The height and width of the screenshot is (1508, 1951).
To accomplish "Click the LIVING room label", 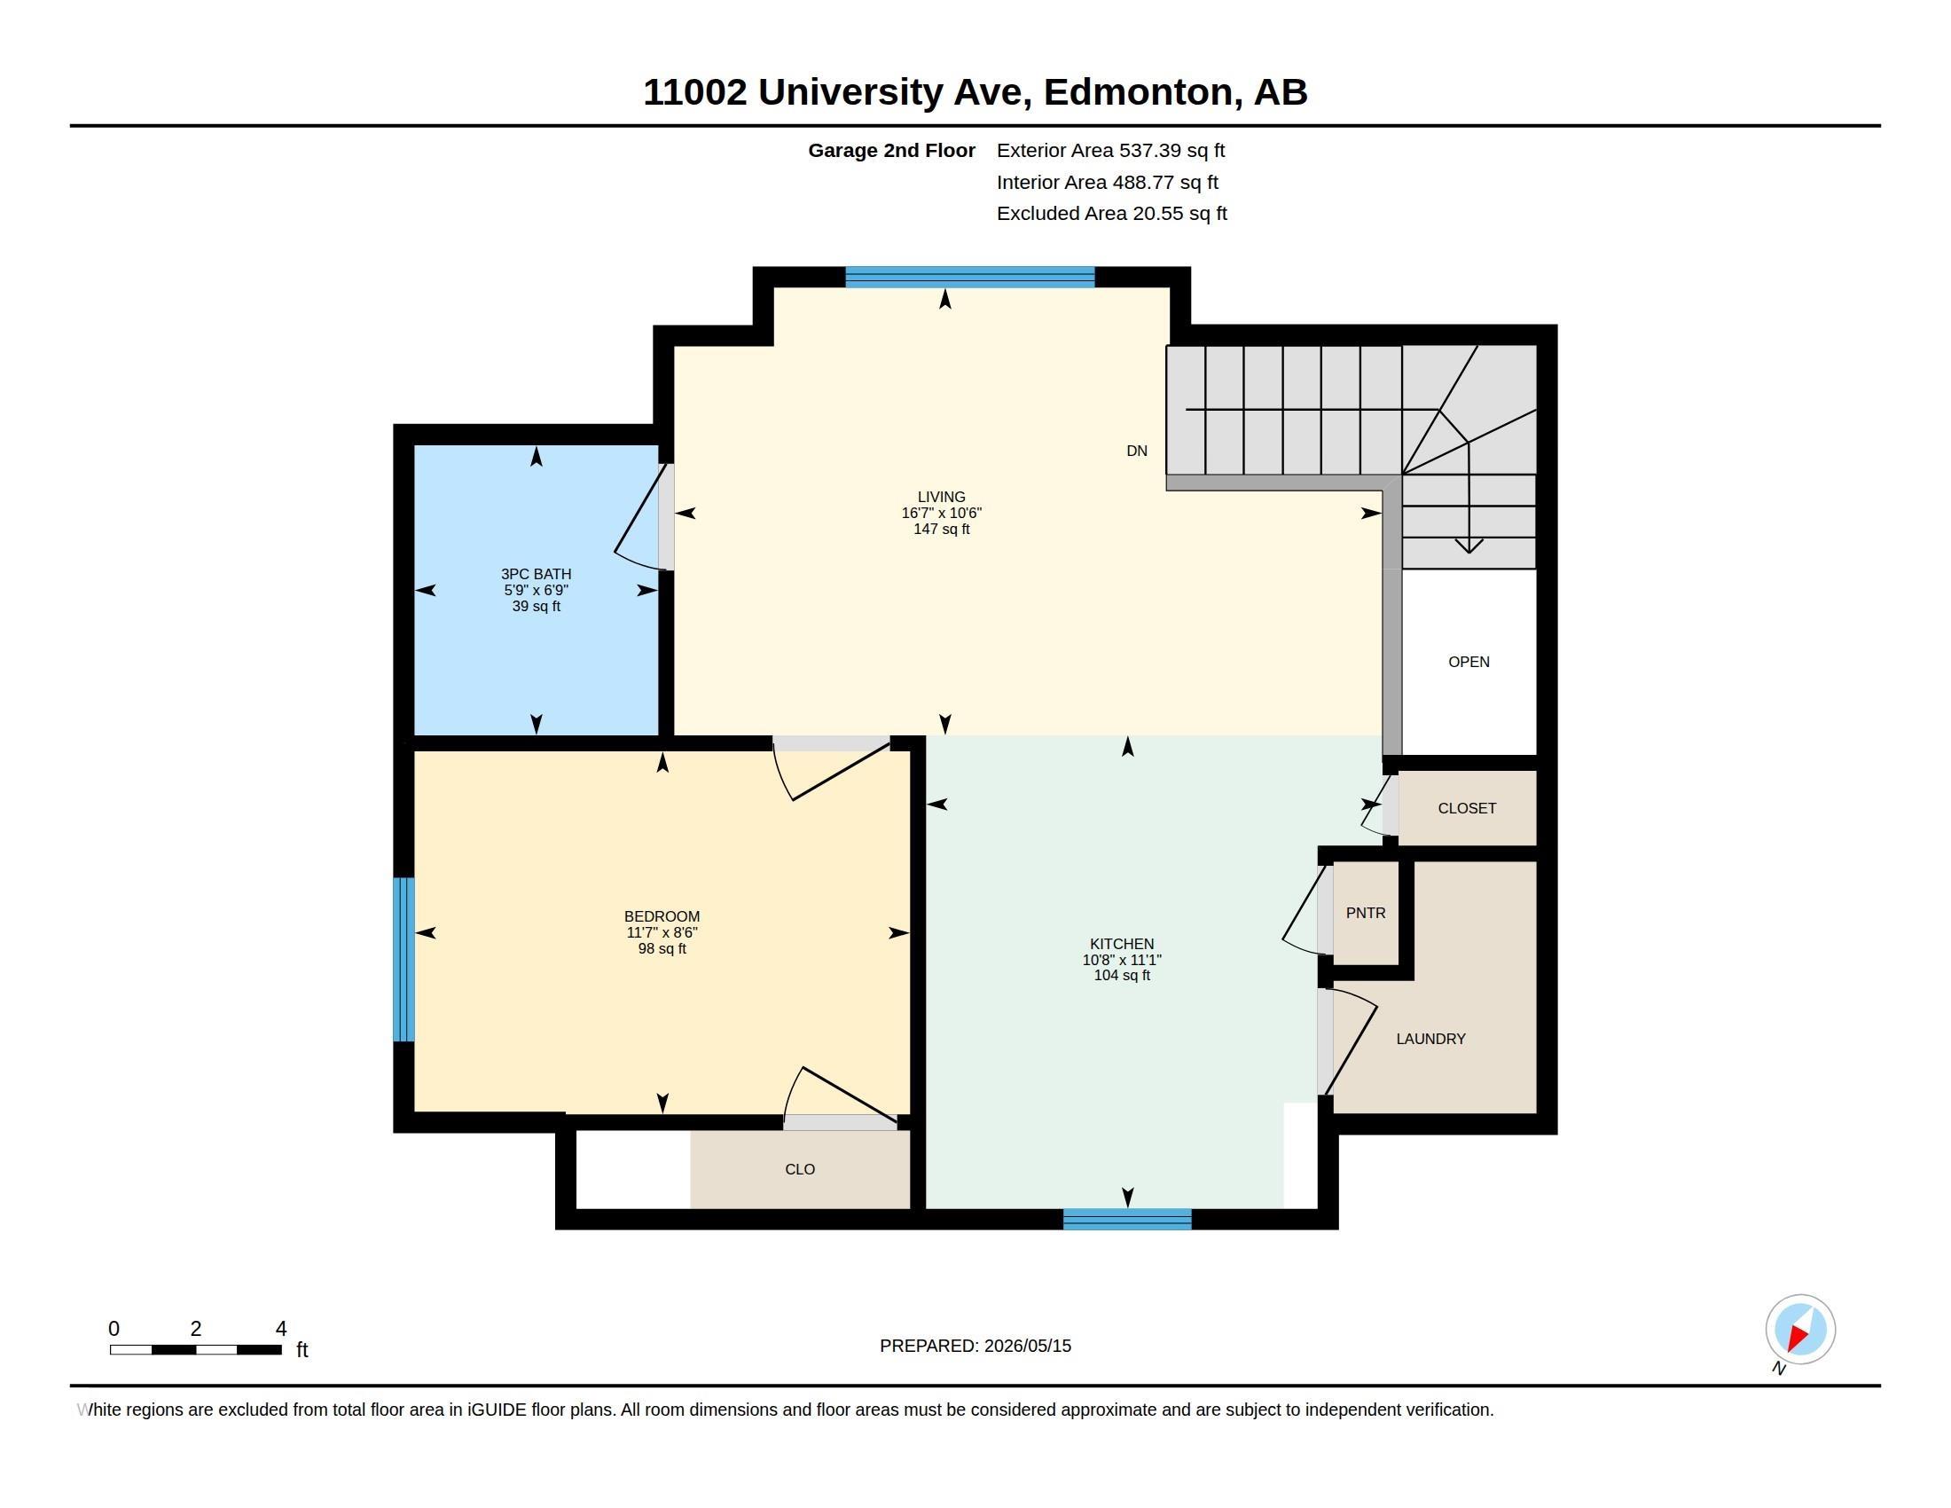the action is coord(941,497).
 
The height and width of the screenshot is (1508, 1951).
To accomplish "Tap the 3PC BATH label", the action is coord(536,574).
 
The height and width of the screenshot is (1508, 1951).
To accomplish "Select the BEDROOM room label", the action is coord(662,915).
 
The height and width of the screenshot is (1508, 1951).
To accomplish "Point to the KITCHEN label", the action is coord(1122,944).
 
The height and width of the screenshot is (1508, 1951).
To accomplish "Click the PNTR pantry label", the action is coord(1366,912).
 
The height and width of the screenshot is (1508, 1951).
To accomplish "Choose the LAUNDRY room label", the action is coord(1431,1038).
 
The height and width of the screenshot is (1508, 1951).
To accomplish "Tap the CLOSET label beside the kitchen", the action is coord(1467,807).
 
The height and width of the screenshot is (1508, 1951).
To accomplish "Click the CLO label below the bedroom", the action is coord(801,1168).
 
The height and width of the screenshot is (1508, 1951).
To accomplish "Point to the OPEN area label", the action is coord(1469,661).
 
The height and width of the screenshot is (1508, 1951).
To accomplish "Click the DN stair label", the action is coord(1136,451).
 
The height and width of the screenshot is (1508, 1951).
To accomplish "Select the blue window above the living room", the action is coord(970,277).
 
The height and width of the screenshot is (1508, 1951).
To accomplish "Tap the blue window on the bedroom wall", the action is coord(404,959).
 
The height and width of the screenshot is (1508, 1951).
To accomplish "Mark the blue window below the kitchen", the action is coord(1127,1220).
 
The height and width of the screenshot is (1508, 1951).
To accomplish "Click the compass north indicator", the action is coord(1799,1331).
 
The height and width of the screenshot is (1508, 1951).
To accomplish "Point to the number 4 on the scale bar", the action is coord(280,1329).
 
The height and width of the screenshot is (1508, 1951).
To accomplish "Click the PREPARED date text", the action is coord(975,1346).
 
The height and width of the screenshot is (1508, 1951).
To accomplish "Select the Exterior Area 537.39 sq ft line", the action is coord(1110,150).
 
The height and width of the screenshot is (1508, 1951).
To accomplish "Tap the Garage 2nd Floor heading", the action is coord(891,150).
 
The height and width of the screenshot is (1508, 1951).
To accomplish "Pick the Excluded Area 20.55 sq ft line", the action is coord(1111,213).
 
